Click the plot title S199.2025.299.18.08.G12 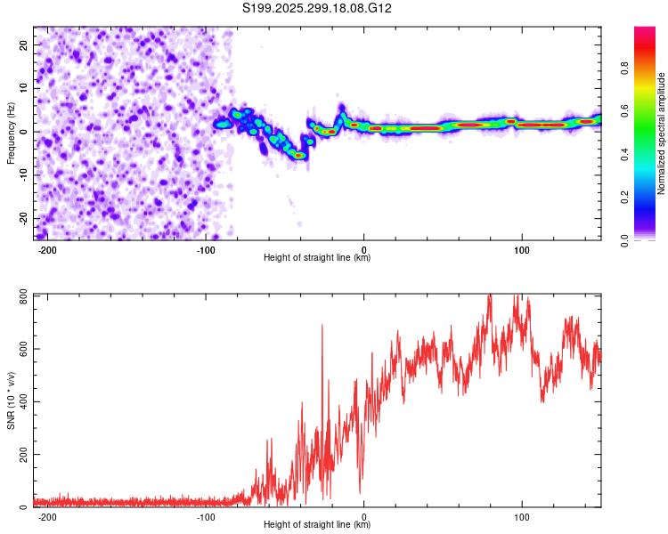[x=318, y=9]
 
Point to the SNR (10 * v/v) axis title [x=11, y=400]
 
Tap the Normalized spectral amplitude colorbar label [x=662, y=133]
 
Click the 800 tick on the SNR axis [x=21, y=295]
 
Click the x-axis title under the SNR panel [x=318, y=527]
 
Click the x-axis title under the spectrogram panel [x=318, y=259]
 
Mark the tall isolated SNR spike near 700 [x=322, y=328]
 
